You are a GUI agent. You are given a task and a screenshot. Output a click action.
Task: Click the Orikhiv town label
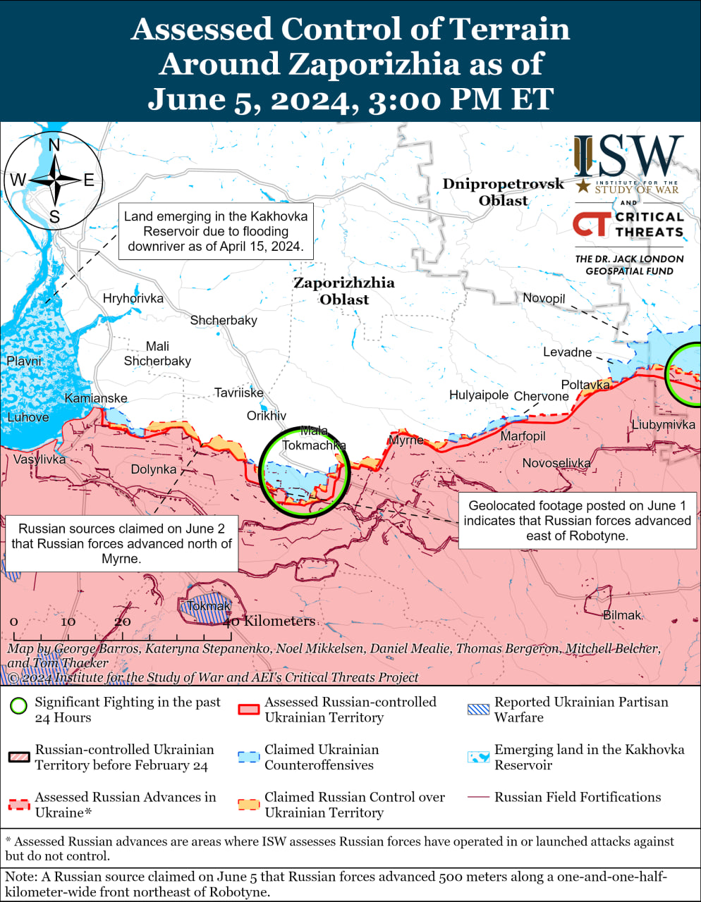pyautogui.click(x=267, y=416)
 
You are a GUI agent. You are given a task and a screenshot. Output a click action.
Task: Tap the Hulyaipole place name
pyautogui.click(x=479, y=395)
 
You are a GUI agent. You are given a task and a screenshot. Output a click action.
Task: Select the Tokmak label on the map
pyautogui.click(x=209, y=606)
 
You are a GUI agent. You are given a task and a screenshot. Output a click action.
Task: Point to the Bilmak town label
pyautogui.click(x=622, y=615)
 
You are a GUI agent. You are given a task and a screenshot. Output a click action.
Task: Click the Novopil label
pyautogui.click(x=544, y=298)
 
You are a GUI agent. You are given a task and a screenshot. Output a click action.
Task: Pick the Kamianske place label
pyautogui.click(x=96, y=398)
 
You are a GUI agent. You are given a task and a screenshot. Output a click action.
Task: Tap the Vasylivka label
pyautogui.click(x=39, y=459)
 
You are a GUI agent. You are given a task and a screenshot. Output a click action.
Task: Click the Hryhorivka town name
pyautogui.click(x=133, y=298)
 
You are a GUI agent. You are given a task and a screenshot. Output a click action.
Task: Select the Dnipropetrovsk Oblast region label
pyautogui.click(x=504, y=192)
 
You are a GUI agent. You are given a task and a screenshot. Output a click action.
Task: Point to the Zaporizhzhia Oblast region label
pyautogui.click(x=344, y=291)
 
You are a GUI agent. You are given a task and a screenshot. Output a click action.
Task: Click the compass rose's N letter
pyautogui.click(x=54, y=146)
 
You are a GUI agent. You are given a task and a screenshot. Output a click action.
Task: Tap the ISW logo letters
pyautogui.click(x=628, y=156)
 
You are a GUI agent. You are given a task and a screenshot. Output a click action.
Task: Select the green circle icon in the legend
pyautogui.click(x=19, y=705)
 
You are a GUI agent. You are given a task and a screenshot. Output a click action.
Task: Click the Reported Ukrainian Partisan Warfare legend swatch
pyautogui.click(x=478, y=709)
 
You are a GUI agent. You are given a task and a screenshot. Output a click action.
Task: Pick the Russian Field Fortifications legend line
pyautogui.click(x=478, y=797)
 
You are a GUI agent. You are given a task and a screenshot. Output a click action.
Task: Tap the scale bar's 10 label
pyautogui.click(x=68, y=622)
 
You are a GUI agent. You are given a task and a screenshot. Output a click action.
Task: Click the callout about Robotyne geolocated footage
pyautogui.click(x=577, y=521)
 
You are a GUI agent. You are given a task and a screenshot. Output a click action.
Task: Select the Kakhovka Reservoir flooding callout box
pyautogui.click(x=216, y=231)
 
